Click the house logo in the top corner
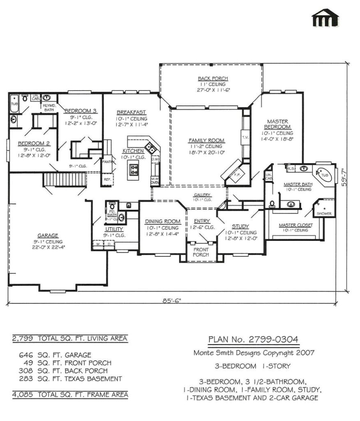coord(325,17)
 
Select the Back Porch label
coord(212,79)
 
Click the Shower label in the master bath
coord(323,214)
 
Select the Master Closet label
coord(295,225)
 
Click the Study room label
coord(240,226)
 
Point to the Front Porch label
coord(201,252)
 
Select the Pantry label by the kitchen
coord(107,162)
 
